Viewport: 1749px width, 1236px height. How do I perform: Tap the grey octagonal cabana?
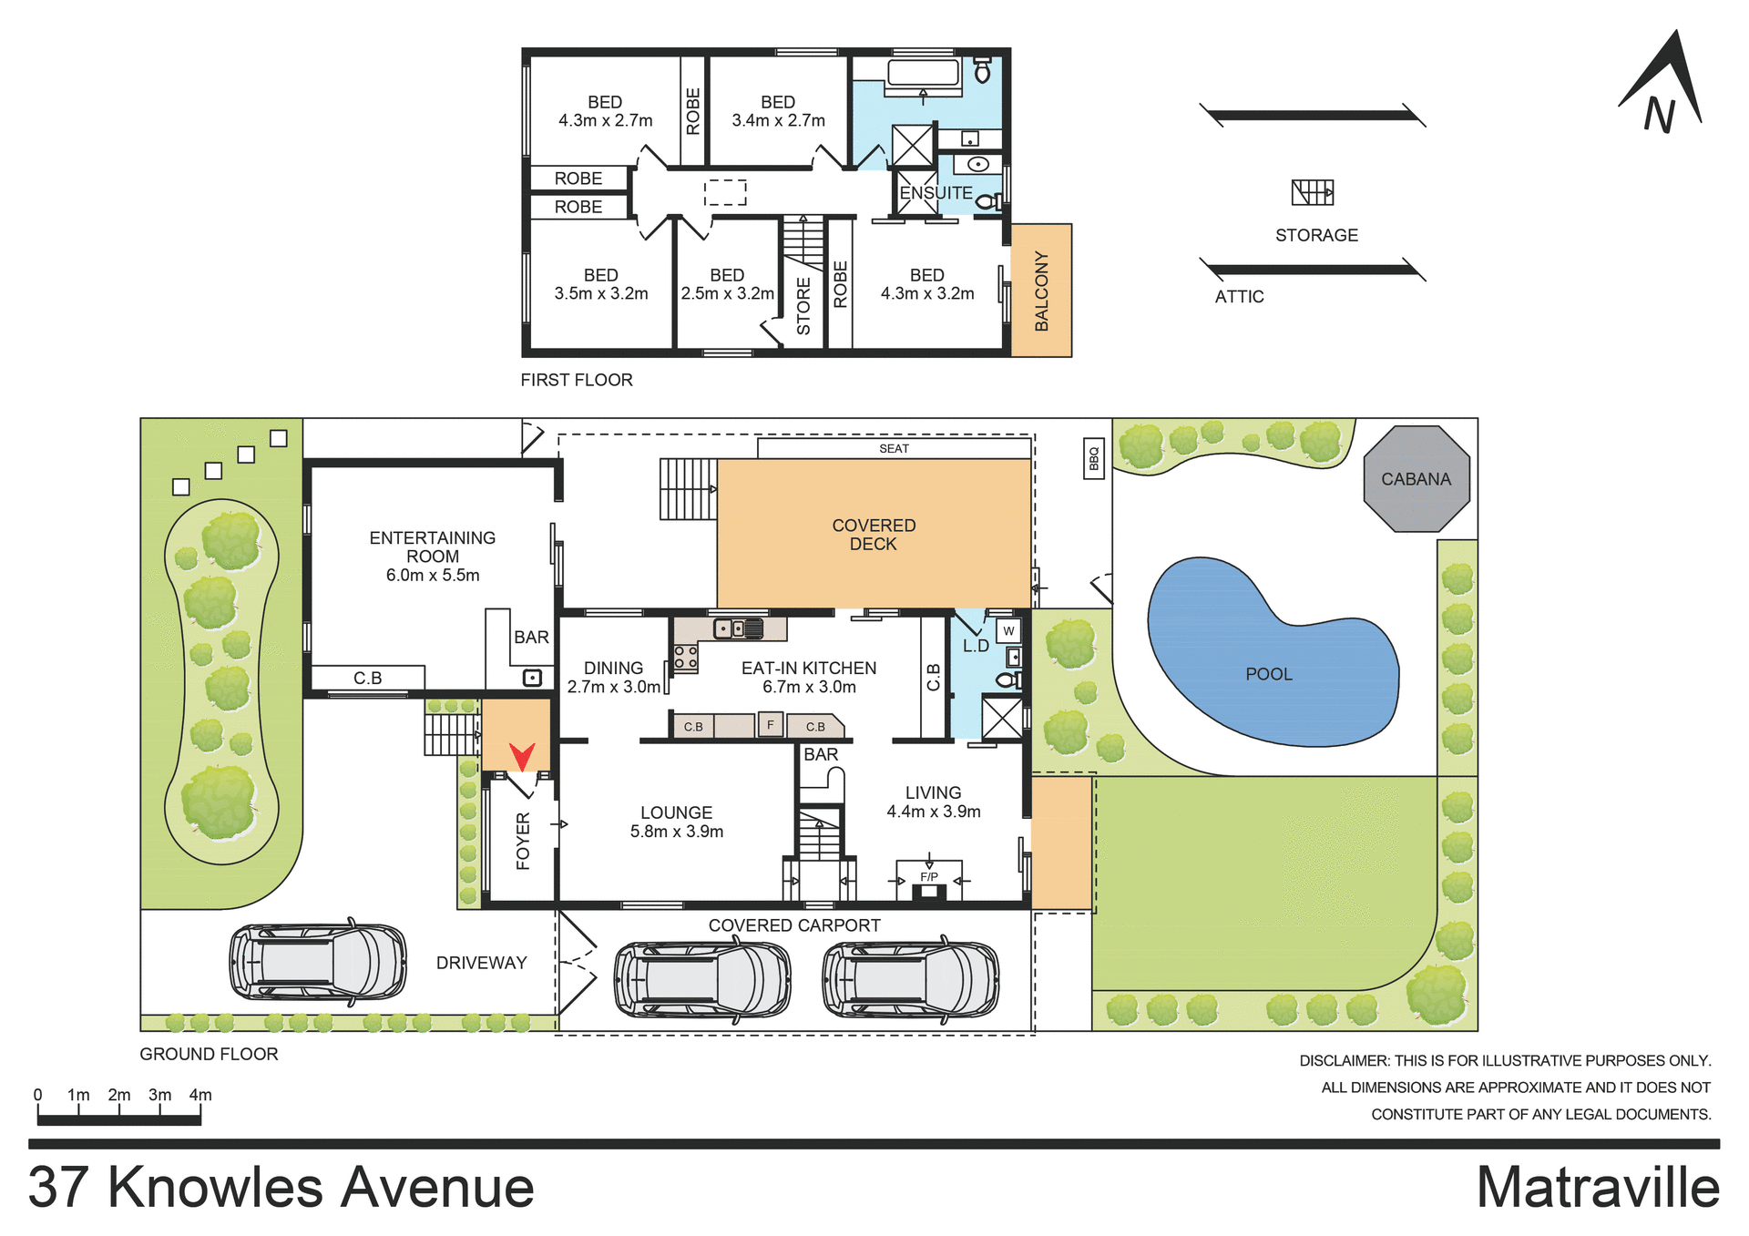click(1416, 479)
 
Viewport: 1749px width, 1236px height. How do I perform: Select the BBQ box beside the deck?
click(1093, 459)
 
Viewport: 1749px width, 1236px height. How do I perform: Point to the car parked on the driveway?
click(317, 961)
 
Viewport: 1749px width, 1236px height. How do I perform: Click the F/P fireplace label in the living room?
click(928, 877)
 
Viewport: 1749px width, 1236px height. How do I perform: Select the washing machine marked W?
click(1008, 630)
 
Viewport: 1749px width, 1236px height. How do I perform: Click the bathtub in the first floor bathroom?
click(923, 72)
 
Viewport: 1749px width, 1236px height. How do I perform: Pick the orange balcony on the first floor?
click(1041, 290)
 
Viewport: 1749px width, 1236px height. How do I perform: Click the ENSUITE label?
click(936, 193)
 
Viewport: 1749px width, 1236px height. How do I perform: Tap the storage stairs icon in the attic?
click(1312, 192)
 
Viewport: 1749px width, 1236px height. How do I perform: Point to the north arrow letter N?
click(1659, 116)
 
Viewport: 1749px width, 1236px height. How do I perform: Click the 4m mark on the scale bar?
click(200, 1095)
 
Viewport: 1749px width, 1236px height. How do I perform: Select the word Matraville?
click(1597, 1188)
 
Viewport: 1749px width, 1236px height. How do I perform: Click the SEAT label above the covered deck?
click(894, 448)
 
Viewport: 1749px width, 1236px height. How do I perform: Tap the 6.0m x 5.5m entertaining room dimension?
click(433, 575)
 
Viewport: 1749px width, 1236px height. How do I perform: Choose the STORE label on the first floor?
click(803, 306)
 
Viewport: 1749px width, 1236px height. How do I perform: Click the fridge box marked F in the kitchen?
click(771, 725)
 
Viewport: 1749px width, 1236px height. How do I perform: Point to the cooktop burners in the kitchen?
click(685, 658)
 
